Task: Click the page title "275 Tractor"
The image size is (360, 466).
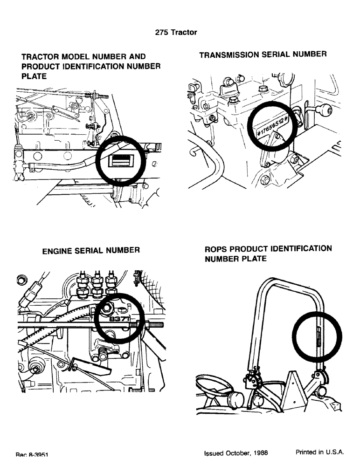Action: pos(176,32)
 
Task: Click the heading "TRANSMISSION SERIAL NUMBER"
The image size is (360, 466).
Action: pos(263,55)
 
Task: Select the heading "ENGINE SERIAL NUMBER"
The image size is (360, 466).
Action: pos(91,250)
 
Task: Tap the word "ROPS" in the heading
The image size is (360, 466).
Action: pos(217,248)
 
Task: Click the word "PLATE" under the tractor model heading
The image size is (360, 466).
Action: pos(35,76)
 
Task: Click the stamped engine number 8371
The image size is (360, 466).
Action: pos(118,320)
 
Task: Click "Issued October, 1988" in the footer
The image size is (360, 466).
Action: pos(236,452)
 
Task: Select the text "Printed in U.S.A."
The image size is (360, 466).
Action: pos(320,452)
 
